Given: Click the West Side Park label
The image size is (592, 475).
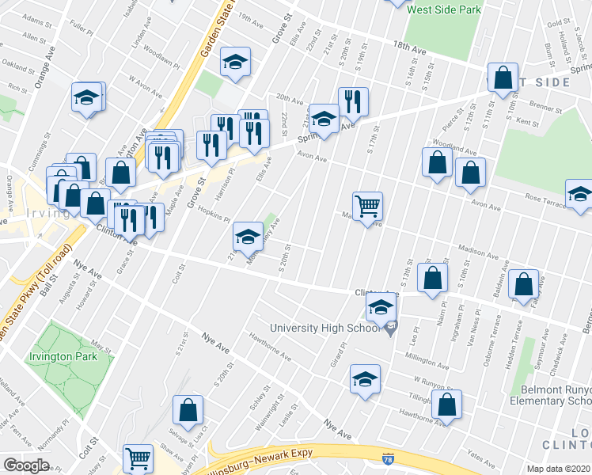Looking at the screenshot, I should pyautogui.click(x=443, y=10).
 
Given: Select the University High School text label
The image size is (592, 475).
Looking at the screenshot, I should pyautogui.click(x=324, y=328).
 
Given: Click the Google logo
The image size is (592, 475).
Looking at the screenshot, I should pyautogui.click(x=26, y=465).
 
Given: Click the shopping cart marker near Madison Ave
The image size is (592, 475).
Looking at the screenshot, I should pyautogui.click(x=368, y=206).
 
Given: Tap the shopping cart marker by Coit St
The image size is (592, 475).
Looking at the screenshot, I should pyautogui.click(x=139, y=458).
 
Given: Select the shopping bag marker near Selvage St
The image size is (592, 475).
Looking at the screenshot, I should pyautogui.click(x=188, y=410).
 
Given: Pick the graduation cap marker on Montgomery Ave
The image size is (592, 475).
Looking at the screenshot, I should pyautogui.click(x=248, y=235).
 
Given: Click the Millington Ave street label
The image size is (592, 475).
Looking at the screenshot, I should pyautogui.click(x=427, y=359).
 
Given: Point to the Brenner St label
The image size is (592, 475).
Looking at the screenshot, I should pyautogui.click(x=545, y=103).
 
